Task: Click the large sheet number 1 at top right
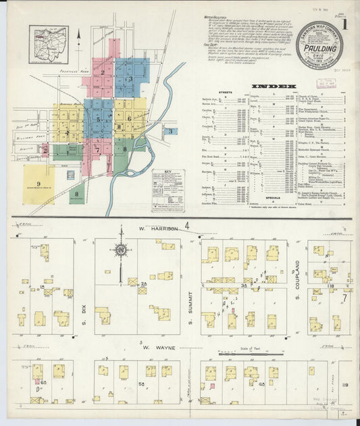pyautogui.click(x=346, y=24)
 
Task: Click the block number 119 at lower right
pyautogui.click(x=344, y=385)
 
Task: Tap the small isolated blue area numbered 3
pyautogui.click(x=171, y=130)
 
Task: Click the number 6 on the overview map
pyautogui.click(x=128, y=118)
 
